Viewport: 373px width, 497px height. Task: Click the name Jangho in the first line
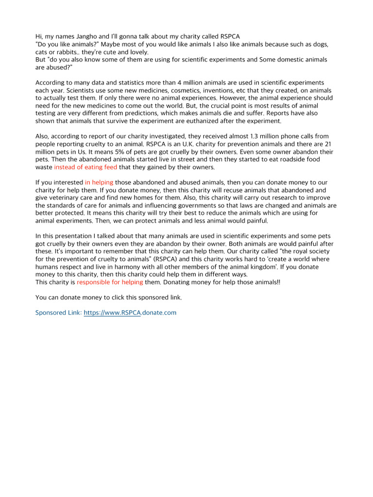pos(83,36)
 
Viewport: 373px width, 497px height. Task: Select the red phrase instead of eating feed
pos(85,167)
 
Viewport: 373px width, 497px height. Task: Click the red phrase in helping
pos(99,182)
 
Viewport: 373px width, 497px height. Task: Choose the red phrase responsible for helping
pos(110,282)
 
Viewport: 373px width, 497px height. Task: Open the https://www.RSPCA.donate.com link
pos(130,313)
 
